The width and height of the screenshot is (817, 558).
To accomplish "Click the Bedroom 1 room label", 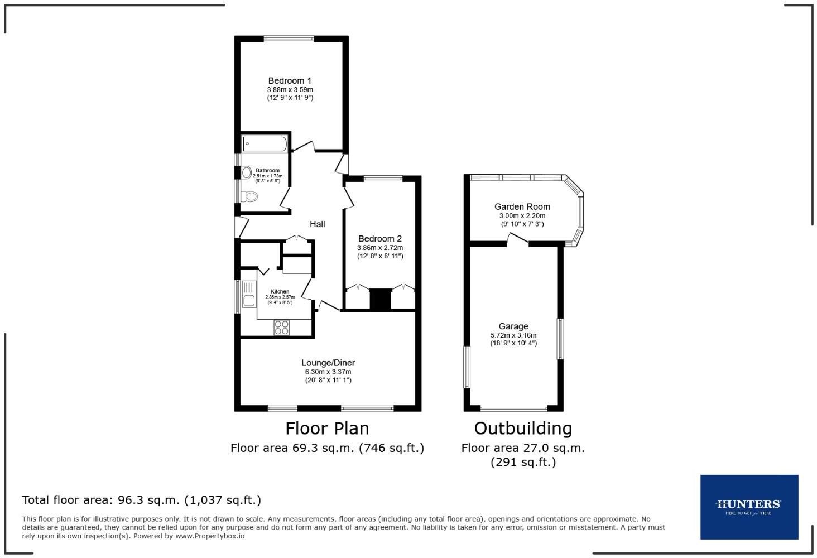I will tap(290, 81).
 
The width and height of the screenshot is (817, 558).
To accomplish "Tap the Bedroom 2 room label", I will tap(380, 239).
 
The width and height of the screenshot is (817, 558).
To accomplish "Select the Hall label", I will tap(317, 224).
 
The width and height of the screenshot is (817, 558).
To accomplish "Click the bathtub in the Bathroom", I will tap(265, 144).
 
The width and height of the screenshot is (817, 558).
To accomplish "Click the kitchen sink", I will tap(248, 296).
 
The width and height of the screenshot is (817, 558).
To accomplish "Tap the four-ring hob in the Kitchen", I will tap(282, 328).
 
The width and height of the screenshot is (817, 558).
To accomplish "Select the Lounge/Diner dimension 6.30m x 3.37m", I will tap(328, 372).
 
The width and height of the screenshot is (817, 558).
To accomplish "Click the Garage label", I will tap(513, 326).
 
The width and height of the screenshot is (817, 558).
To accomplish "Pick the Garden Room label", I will tap(522, 207).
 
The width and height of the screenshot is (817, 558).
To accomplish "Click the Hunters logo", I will tap(749, 507).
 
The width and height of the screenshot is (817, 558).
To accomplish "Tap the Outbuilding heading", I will tap(523, 429).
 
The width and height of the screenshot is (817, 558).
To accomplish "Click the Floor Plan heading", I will tap(327, 429).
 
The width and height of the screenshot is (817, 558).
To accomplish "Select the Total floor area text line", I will tap(142, 500).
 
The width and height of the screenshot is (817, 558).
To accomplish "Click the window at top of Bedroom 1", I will tap(289, 39).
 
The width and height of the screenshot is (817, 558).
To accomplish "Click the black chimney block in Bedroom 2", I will tap(381, 299).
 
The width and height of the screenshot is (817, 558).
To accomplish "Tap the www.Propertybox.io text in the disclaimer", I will tap(210, 536).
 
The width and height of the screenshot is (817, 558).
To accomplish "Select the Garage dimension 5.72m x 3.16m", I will tap(513, 335).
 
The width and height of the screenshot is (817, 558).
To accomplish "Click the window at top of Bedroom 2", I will tap(382, 179).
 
